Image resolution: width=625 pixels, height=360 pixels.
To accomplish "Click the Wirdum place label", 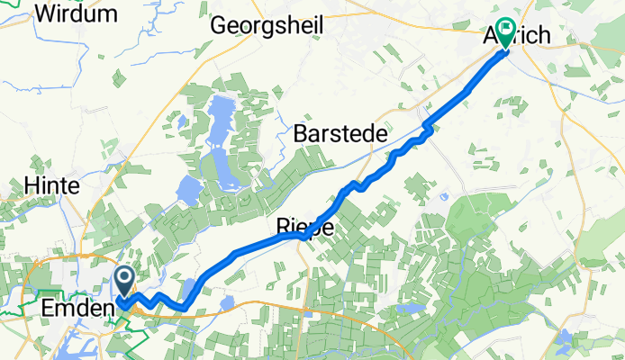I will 77,13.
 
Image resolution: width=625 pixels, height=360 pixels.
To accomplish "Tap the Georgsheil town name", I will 267,25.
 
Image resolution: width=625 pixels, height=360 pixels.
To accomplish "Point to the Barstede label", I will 340,133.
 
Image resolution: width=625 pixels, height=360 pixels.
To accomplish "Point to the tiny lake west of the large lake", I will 189,190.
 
